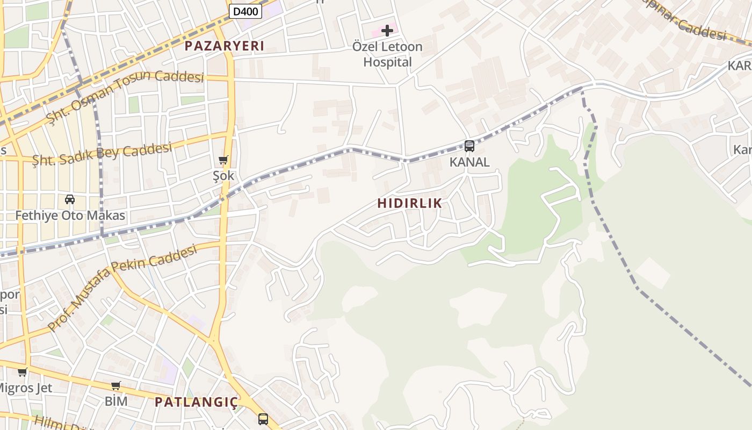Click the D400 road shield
[245, 11]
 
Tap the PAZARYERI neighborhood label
[225, 46]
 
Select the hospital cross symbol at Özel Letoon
[387, 31]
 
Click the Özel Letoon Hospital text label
[387, 54]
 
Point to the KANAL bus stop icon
[469, 146]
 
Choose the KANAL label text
[469, 162]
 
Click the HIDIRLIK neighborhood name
[409, 203]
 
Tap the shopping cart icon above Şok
[223, 160]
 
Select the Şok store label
[223, 175]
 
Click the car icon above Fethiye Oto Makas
[70, 199]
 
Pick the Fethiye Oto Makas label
[70, 216]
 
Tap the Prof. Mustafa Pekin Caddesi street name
[122, 287]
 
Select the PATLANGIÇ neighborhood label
[196, 403]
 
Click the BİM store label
[116, 401]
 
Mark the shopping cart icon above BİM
[115, 385]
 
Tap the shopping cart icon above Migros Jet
[22, 372]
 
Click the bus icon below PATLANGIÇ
[263, 419]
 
